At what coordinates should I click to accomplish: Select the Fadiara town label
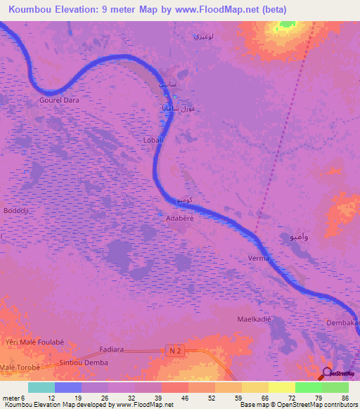112,349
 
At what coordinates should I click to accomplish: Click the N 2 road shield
176,349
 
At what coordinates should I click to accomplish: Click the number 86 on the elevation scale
344,398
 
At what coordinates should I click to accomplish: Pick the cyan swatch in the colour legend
41,387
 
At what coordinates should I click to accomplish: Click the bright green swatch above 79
308,387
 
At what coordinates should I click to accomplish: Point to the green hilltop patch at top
287,24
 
